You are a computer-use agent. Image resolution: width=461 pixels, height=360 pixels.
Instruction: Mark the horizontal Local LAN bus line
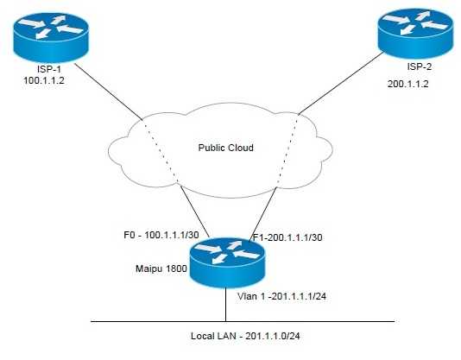pos(129,321)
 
